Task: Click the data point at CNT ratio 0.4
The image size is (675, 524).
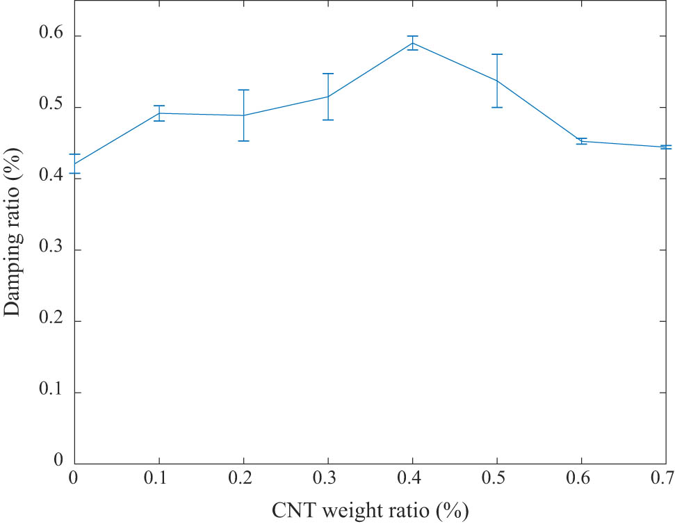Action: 413,43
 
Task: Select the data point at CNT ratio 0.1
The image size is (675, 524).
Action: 159,113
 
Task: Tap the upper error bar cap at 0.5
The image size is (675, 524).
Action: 497,54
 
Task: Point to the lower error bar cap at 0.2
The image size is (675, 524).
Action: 243,141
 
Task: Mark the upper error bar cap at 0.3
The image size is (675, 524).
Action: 328,73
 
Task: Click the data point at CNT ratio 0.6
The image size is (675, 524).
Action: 581,141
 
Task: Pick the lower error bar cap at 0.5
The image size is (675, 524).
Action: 497,107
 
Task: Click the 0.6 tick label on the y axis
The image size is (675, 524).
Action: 51,35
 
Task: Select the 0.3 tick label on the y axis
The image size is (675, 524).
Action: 51,249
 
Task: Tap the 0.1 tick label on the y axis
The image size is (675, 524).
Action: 51,393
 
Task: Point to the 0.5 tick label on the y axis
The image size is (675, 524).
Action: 51,107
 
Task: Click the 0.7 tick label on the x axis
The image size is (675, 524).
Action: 665,480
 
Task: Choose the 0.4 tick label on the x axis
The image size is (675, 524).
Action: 412,480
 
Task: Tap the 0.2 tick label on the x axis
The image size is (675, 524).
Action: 243,480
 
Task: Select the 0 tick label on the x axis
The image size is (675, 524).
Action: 74,480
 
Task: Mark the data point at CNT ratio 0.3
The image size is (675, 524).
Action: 328,97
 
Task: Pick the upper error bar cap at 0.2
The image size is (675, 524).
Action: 243,90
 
